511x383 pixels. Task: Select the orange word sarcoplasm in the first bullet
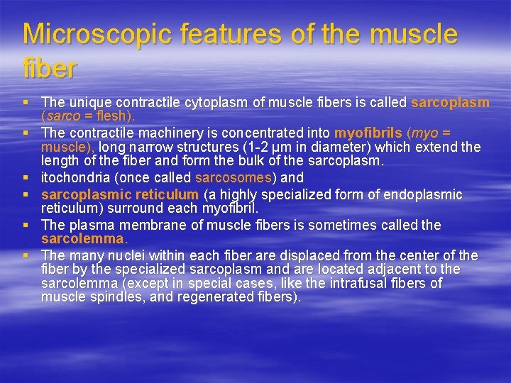450,102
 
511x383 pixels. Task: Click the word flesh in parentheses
114,116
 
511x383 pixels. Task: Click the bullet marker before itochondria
28,178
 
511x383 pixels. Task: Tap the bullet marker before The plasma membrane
28,226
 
